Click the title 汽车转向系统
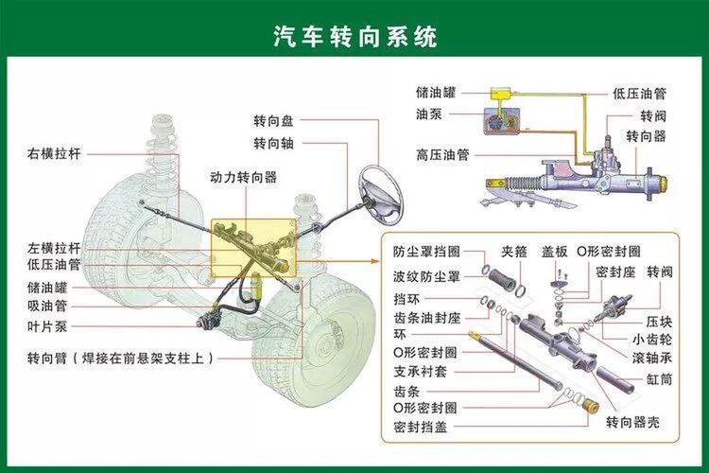coord(354,37)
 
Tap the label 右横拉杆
coord(55,152)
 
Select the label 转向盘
coord(273,121)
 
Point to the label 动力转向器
coord(243,177)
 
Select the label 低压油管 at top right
coord(639,94)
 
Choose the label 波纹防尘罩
coord(426,276)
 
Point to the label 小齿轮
coord(652,339)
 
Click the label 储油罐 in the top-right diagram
coord(436,94)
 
